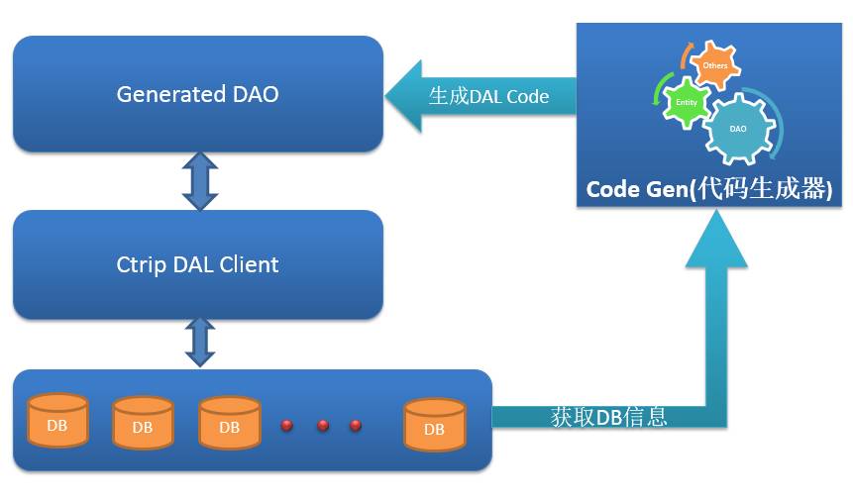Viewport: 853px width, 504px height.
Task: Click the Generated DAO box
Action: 197,94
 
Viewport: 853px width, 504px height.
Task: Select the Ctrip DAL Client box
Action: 197,264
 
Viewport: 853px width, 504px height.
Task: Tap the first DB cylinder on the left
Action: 57,421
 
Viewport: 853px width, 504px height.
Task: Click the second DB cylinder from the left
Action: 143,425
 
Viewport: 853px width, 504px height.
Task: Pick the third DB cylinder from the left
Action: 229,425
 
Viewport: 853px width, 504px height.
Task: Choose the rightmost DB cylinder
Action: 434,425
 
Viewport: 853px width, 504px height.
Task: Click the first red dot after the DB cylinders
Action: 288,426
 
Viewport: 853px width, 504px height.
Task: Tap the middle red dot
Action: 323,426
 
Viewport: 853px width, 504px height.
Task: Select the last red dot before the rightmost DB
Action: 356,426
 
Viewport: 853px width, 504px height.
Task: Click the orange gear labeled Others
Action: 714,67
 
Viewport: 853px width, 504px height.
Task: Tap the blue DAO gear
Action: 739,128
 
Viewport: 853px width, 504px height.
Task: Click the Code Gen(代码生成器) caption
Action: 708,188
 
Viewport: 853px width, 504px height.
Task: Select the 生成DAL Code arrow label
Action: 488,96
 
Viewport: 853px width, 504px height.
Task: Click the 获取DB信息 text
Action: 608,417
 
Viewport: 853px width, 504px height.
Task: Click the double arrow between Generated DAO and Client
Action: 199,180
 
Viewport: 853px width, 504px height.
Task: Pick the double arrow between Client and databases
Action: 200,343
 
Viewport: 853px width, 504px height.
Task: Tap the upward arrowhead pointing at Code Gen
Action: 716,243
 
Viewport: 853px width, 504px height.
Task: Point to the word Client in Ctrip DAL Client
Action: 249,264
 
